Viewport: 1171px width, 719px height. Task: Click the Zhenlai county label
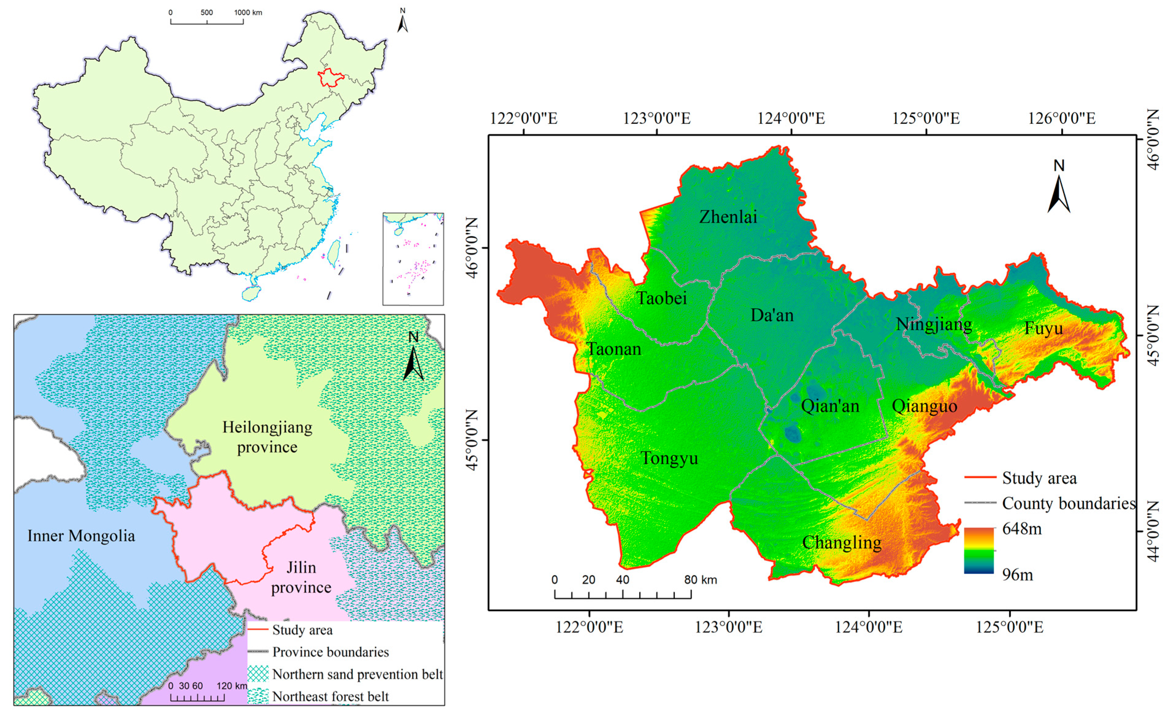tap(728, 217)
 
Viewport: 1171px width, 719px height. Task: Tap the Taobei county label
tap(662, 298)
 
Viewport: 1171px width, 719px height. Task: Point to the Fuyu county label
tap(1043, 328)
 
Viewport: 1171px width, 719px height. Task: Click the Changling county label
tap(841, 542)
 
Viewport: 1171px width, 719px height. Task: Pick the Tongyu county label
tap(669, 458)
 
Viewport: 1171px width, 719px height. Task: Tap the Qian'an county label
tap(830, 406)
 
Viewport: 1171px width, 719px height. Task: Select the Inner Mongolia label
tap(81, 536)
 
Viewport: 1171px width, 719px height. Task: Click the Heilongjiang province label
tap(267, 437)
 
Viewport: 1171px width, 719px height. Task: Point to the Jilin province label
tap(301, 577)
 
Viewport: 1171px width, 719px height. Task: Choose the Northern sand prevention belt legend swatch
tap(258, 674)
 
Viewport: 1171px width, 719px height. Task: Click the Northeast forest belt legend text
tap(330, 697)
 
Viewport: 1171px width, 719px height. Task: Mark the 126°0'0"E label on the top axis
tap(1062, 118)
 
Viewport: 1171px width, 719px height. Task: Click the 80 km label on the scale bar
tap(700, 580)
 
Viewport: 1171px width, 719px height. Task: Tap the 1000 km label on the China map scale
tap(248, 12)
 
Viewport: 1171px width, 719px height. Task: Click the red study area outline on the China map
tap(330, 78)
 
